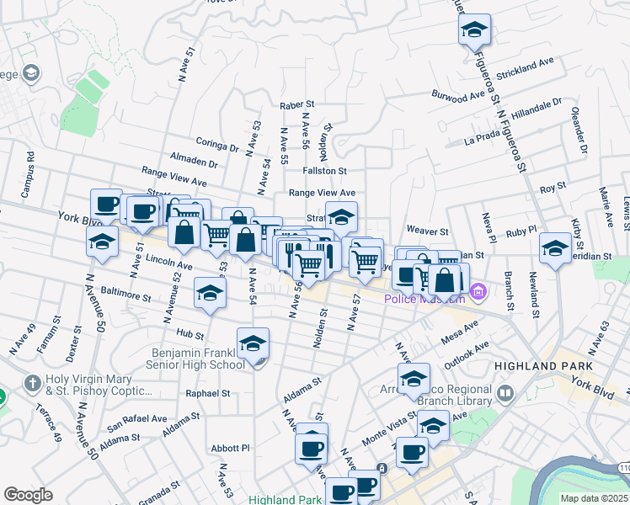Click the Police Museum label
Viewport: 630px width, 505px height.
[x=424, y=299]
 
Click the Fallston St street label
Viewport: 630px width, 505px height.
[x=319, y=171]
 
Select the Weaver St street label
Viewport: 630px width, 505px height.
[x=426, y=231]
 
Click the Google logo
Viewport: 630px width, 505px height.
[x=28, y=495]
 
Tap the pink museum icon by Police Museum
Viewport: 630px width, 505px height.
[x=478, y=293]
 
